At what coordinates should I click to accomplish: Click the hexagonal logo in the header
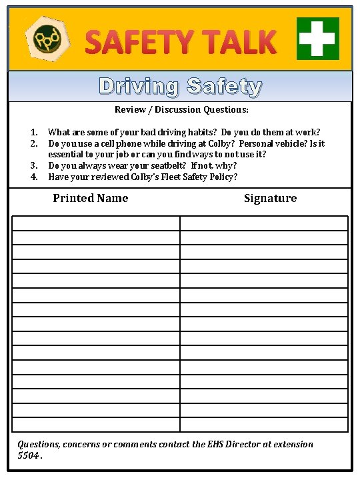pyautogui.click(x=46, y=37)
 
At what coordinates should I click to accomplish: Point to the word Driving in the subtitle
pyautogui.click(x=139, y=86)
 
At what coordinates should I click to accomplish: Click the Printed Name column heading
pyautogui.click(x=91, y=198)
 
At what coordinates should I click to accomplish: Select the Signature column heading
pyautogui.click(x=270, y=198)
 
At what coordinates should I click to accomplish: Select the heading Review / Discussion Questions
pyautogui.click(x=181, y=109)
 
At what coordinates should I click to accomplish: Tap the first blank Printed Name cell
pyautogui.click(x=96, y=223)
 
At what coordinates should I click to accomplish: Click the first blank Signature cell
pyautogui.click(x=264, y=223)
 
